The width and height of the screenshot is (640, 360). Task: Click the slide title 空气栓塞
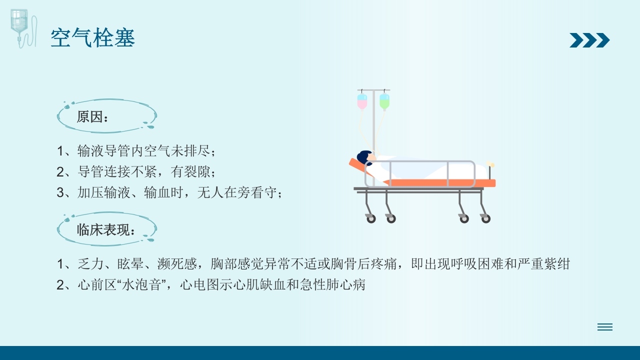pos(93,38)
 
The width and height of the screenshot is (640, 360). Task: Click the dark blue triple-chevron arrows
pos(589,40)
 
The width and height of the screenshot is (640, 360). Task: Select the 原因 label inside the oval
pos(92,117)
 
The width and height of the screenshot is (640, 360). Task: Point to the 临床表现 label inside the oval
pos(106,230)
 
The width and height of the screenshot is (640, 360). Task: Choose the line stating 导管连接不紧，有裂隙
pos(136,171)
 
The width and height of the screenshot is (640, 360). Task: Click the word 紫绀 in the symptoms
pos(558,264)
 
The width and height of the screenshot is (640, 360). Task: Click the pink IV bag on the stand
pos(362,101)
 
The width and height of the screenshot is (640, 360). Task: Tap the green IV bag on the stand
pos(384,101)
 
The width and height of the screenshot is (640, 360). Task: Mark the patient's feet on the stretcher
pos(490,164)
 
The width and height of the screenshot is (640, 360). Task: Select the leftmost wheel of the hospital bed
pos(371,218)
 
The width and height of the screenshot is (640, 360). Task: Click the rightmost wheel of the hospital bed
pos(485,218)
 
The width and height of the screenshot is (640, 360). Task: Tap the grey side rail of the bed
pos(420,174)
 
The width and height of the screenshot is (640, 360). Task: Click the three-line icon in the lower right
pos(604,327)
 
